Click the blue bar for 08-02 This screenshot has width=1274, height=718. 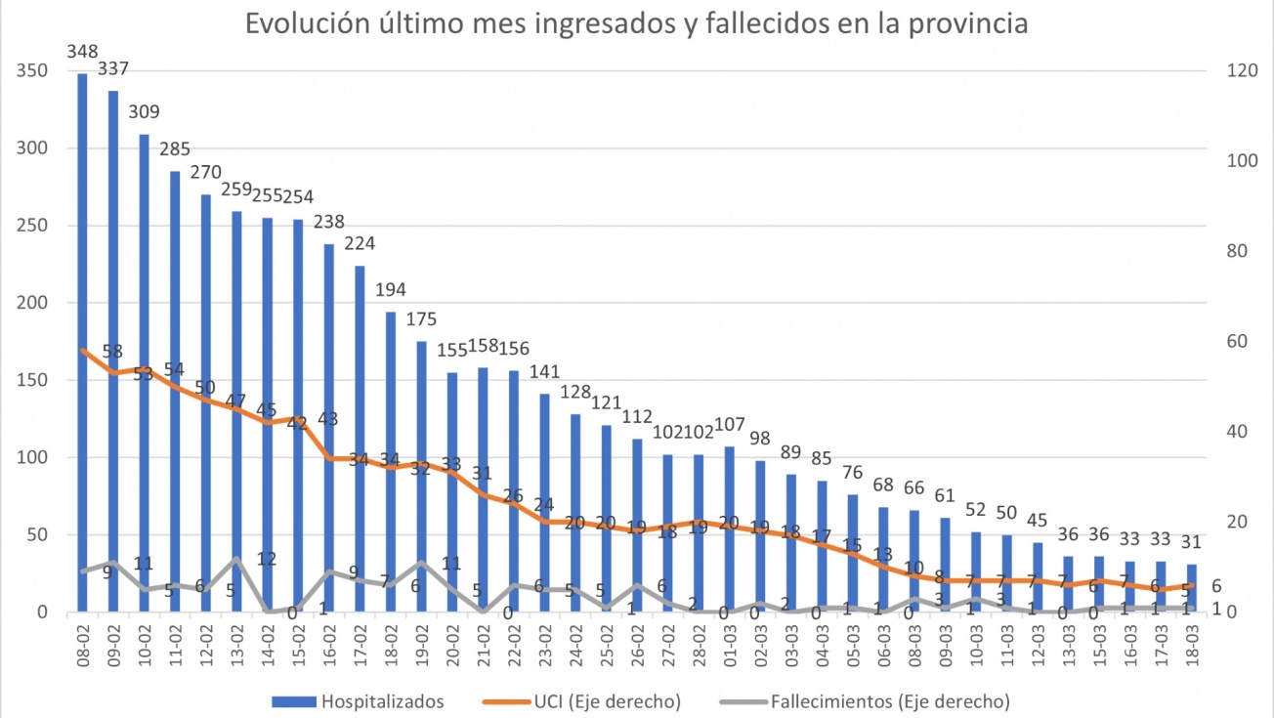coord(82,342)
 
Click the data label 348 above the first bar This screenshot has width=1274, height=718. coord(82,51)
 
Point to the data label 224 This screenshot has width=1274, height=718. coord(360,243)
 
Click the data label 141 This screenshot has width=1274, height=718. coord(545,371)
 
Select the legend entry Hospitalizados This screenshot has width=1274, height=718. coord(382,701)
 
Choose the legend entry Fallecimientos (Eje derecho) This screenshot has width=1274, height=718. coord(889,701)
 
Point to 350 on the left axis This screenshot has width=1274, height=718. coord(29,71)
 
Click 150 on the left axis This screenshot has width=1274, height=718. coord(29,380)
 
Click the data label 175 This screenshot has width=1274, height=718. coord(422,319)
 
